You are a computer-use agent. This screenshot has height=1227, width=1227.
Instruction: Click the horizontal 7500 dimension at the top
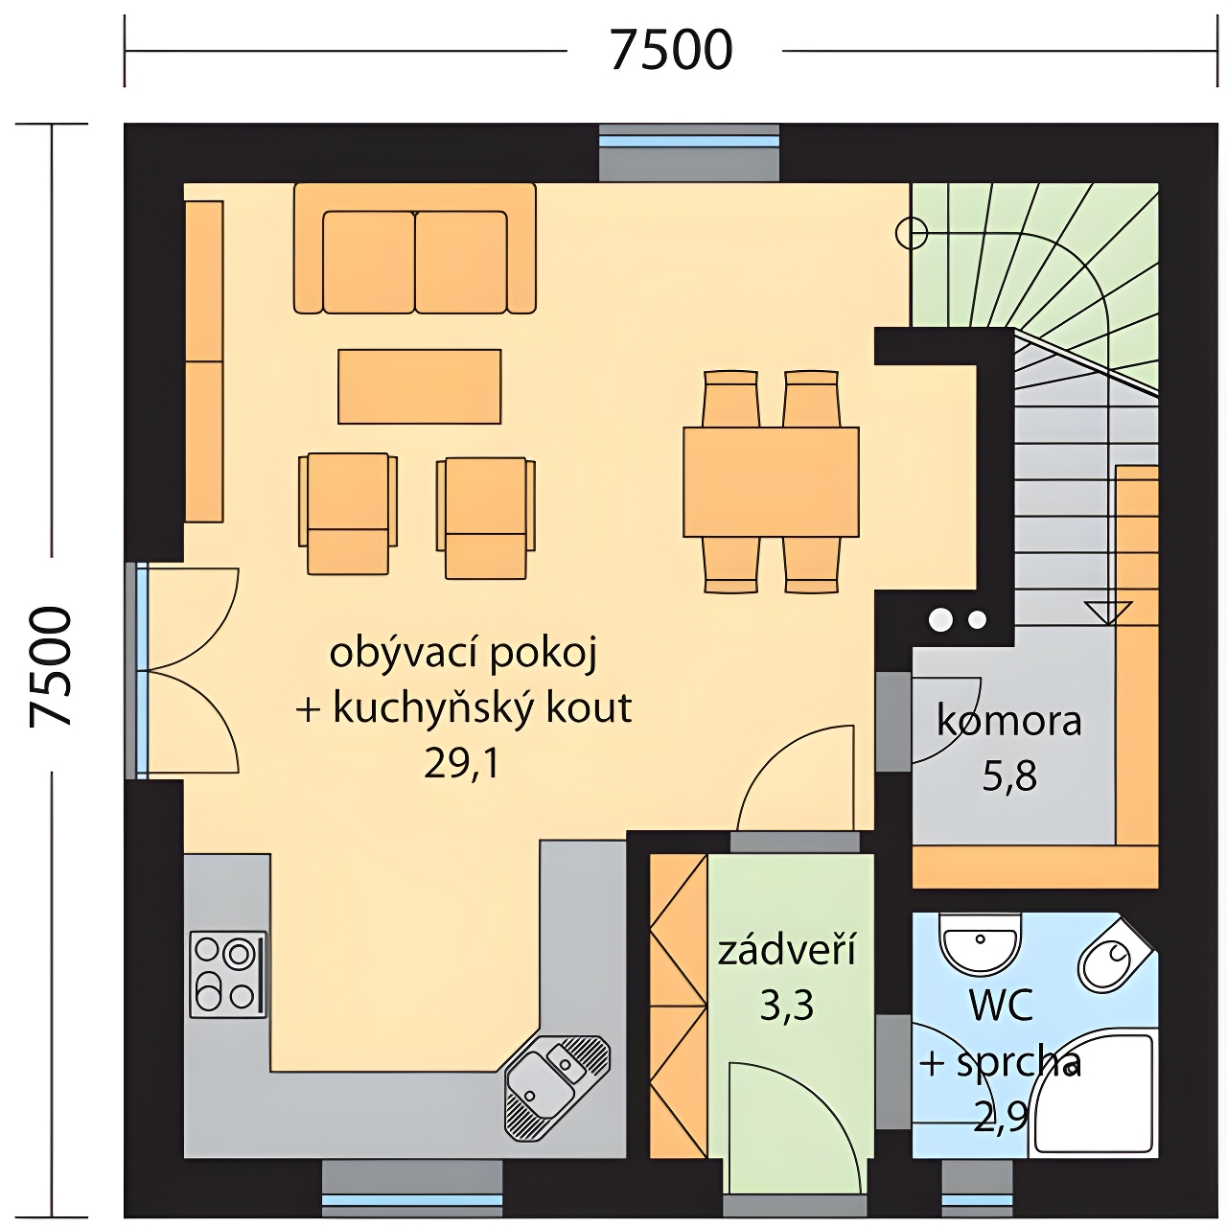(671, 50)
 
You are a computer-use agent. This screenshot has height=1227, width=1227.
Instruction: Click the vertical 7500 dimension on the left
(50, 666)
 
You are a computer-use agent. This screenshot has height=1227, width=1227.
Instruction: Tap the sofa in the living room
(414, 248)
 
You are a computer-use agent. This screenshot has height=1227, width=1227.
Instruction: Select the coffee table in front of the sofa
(420, 386)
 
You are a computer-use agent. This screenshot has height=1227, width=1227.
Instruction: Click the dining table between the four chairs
(771, 481)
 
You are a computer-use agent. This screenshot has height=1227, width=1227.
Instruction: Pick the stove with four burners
(228, 974)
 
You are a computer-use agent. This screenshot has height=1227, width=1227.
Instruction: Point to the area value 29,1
(462, 763)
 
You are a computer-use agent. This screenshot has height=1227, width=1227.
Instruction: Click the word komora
(1008, 722)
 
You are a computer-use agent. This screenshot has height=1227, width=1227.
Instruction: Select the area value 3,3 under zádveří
(787, 1007)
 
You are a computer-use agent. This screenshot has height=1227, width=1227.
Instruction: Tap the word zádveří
(787, 949)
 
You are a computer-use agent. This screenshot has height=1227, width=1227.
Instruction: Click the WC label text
(1001, 1006)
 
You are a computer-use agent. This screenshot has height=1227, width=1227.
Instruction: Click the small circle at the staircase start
(912, 233)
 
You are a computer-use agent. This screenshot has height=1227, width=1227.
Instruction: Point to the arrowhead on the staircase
(1108, 613)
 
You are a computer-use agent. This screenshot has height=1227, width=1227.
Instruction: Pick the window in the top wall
(689, 152)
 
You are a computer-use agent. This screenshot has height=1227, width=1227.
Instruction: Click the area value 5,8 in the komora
(1009, 776)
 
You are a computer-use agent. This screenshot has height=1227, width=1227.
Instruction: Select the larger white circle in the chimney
(940, 619)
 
